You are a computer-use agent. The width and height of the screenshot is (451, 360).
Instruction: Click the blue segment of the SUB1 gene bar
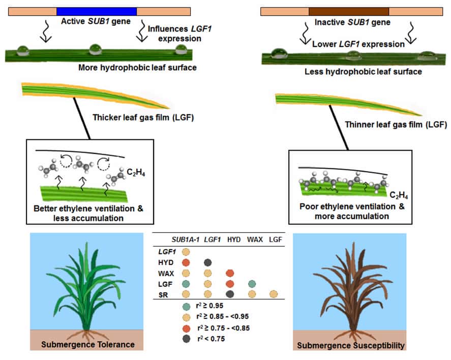pos(97,11)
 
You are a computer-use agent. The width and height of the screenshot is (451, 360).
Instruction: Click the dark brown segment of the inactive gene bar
pos(348,11)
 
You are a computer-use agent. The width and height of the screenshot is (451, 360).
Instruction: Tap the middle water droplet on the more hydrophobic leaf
pos(96,50)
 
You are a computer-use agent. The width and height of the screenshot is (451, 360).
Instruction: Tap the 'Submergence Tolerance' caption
pos(89,344)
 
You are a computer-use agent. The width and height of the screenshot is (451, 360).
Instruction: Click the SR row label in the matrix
pos(167,294)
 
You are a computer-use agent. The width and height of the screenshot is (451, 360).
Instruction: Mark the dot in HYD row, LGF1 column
pos(207,262)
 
